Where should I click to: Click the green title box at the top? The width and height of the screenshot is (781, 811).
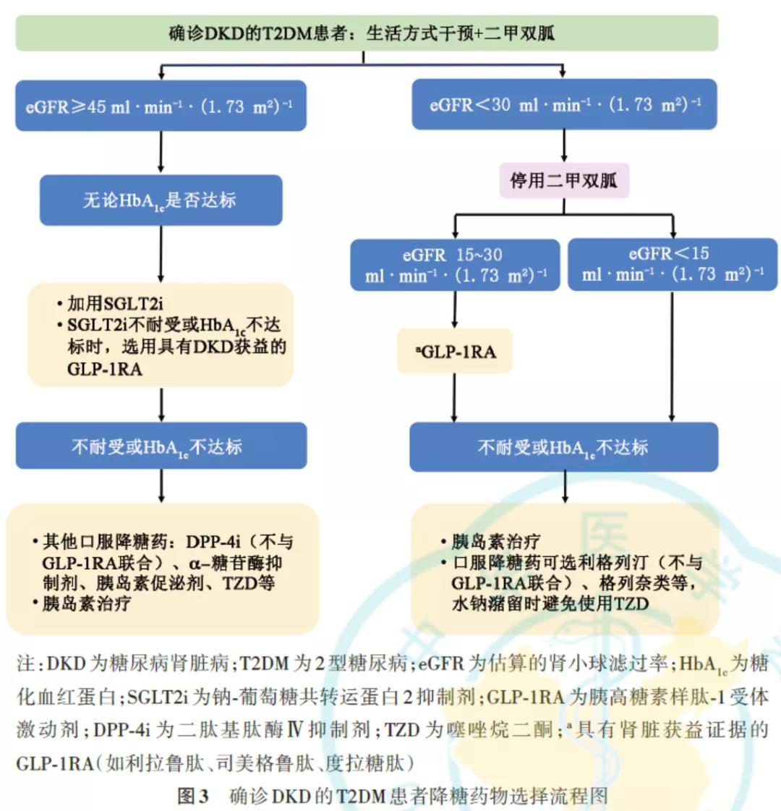pyautogui.click(x=367, y=33)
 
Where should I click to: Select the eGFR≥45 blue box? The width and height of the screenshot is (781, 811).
pyautogui.click(x=161, y=106)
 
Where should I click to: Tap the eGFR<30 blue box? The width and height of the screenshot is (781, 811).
pyautogui.click(x=564, y=104)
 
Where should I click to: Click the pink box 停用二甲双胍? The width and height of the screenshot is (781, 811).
pyautogui.click(x=564, y=180)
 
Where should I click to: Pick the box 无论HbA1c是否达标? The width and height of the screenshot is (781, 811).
pyautogui.click(x=161, y=200)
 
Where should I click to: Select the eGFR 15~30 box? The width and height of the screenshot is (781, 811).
pyautogui.click(x=455, y=265)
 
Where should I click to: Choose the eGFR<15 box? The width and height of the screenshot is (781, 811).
pyautogui.click(x=673, y=265)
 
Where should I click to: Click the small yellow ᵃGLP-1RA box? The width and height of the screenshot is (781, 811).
pyautogui.click(x=455, y=352)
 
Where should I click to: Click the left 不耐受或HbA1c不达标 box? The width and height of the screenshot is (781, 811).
pyautogui.click(x=161, y=446)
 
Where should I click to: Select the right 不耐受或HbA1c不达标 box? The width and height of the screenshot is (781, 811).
pyautogui.click(x=564, y=447)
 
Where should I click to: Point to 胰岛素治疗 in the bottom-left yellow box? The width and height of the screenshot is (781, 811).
pyautogui.click(x=87, y=603)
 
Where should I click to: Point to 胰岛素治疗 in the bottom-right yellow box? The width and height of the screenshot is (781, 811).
pyautogui.click(x=496, y=542)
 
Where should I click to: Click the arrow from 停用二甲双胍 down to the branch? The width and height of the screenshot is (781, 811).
pyautogui.click(x=564, y=206)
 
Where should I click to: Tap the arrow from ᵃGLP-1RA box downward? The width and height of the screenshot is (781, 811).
pyautogui.click(x=455, y=398)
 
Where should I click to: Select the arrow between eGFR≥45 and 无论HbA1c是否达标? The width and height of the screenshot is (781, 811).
pyautogui.click(x=161, y=153)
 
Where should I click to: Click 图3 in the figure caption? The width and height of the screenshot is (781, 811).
pyautogui.click(x=193, y=797)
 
